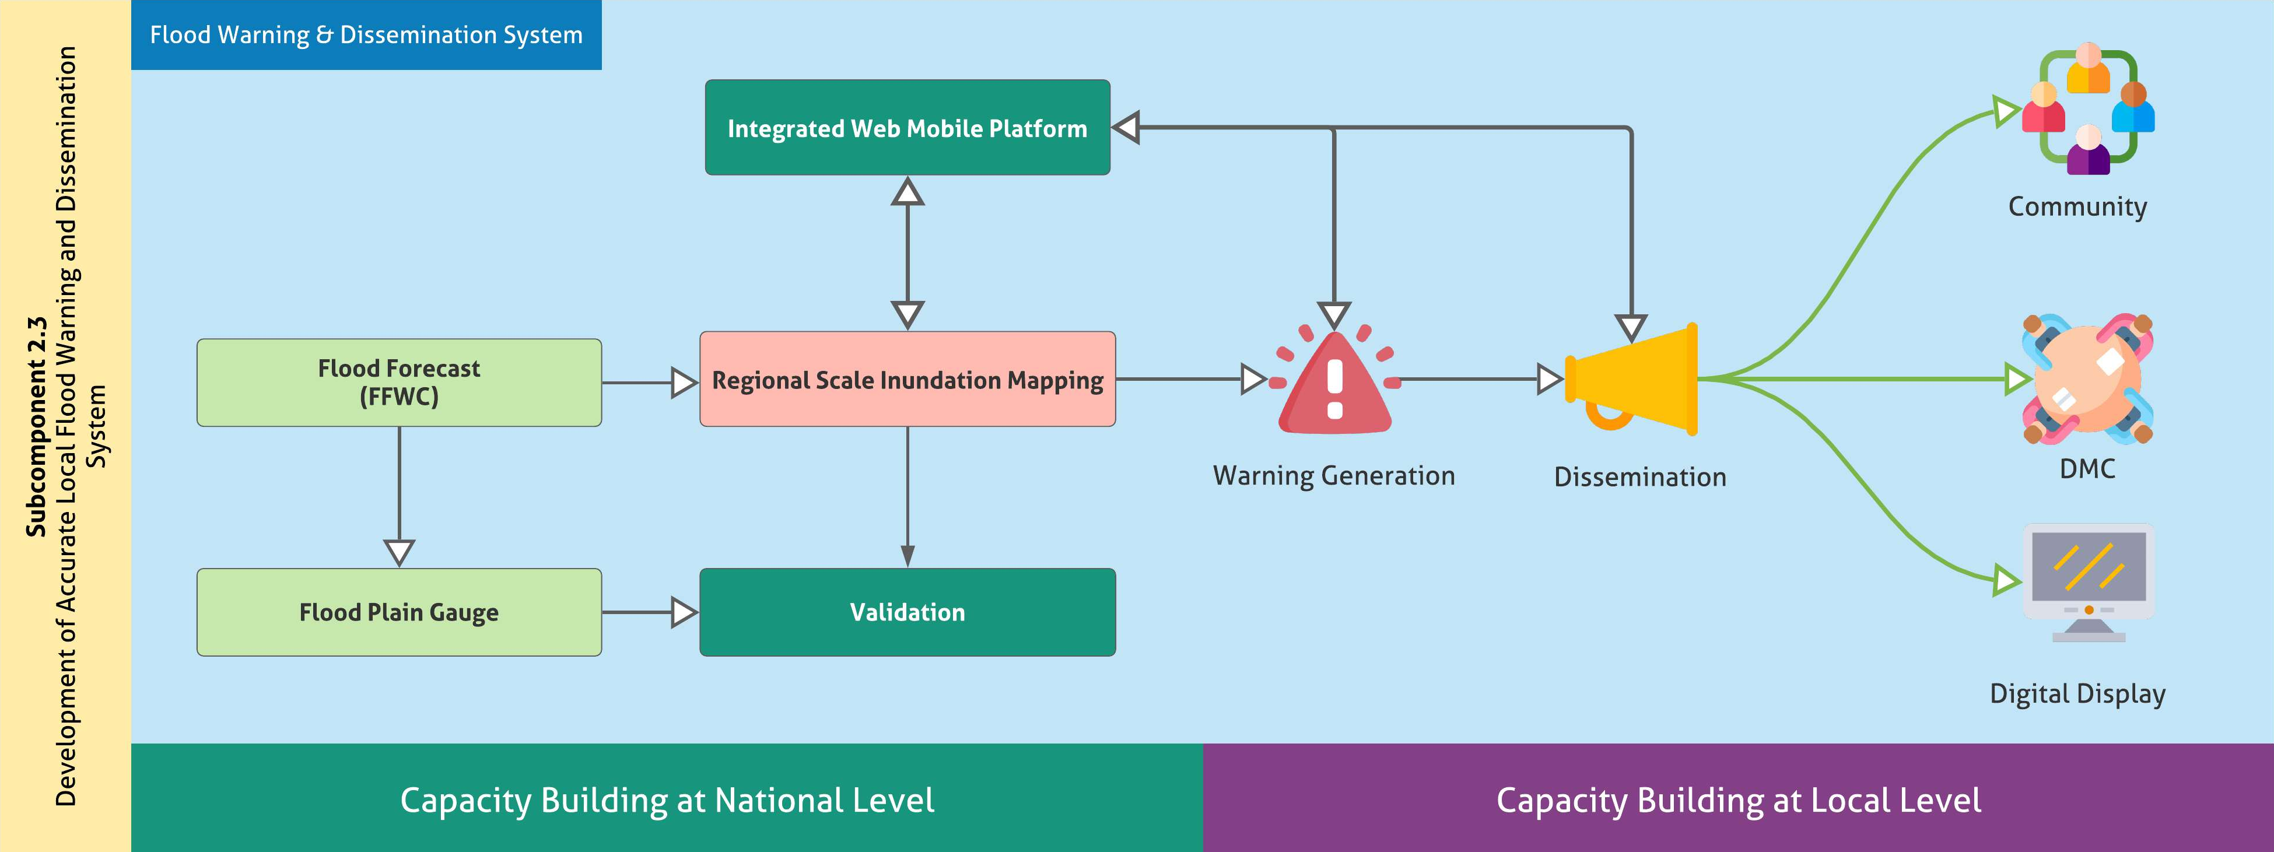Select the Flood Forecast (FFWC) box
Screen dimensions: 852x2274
point(399,383)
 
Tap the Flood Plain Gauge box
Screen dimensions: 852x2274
point(399,612)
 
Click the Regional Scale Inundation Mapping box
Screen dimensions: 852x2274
point(908,380)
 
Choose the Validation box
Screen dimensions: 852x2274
point(908,612)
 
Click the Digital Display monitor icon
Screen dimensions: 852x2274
point(2089,583)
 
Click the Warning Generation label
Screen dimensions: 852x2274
point(1334,476)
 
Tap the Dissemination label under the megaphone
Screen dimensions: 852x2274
point(1639,477)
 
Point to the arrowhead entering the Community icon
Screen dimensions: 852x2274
point(2006,112)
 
